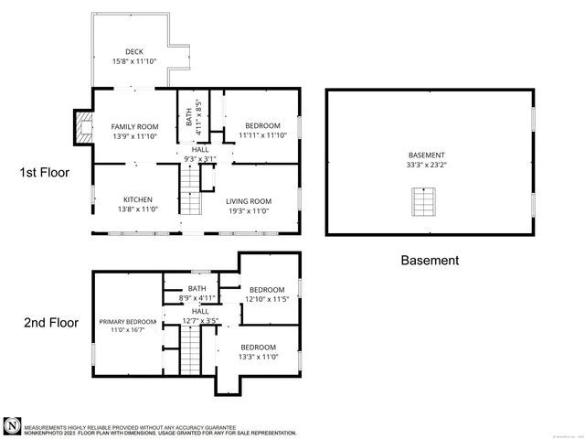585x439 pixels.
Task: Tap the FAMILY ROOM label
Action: (x=135, y=126)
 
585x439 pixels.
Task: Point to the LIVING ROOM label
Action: (x=250, y=201)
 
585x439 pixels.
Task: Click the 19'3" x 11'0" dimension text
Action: (x=250, y=211)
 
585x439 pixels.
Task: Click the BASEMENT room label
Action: (x=427, y=155)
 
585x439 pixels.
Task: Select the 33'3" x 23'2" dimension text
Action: (x=427, y=166)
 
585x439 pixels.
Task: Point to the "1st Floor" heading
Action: (x=45, y=171)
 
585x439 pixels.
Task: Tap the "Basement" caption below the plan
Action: (x=430, y=260)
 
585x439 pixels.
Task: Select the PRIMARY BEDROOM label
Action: (x=128, y=322)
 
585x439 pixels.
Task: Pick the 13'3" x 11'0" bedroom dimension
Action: (x=259, y=358)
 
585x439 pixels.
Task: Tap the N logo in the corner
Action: (x=12, y=426)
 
